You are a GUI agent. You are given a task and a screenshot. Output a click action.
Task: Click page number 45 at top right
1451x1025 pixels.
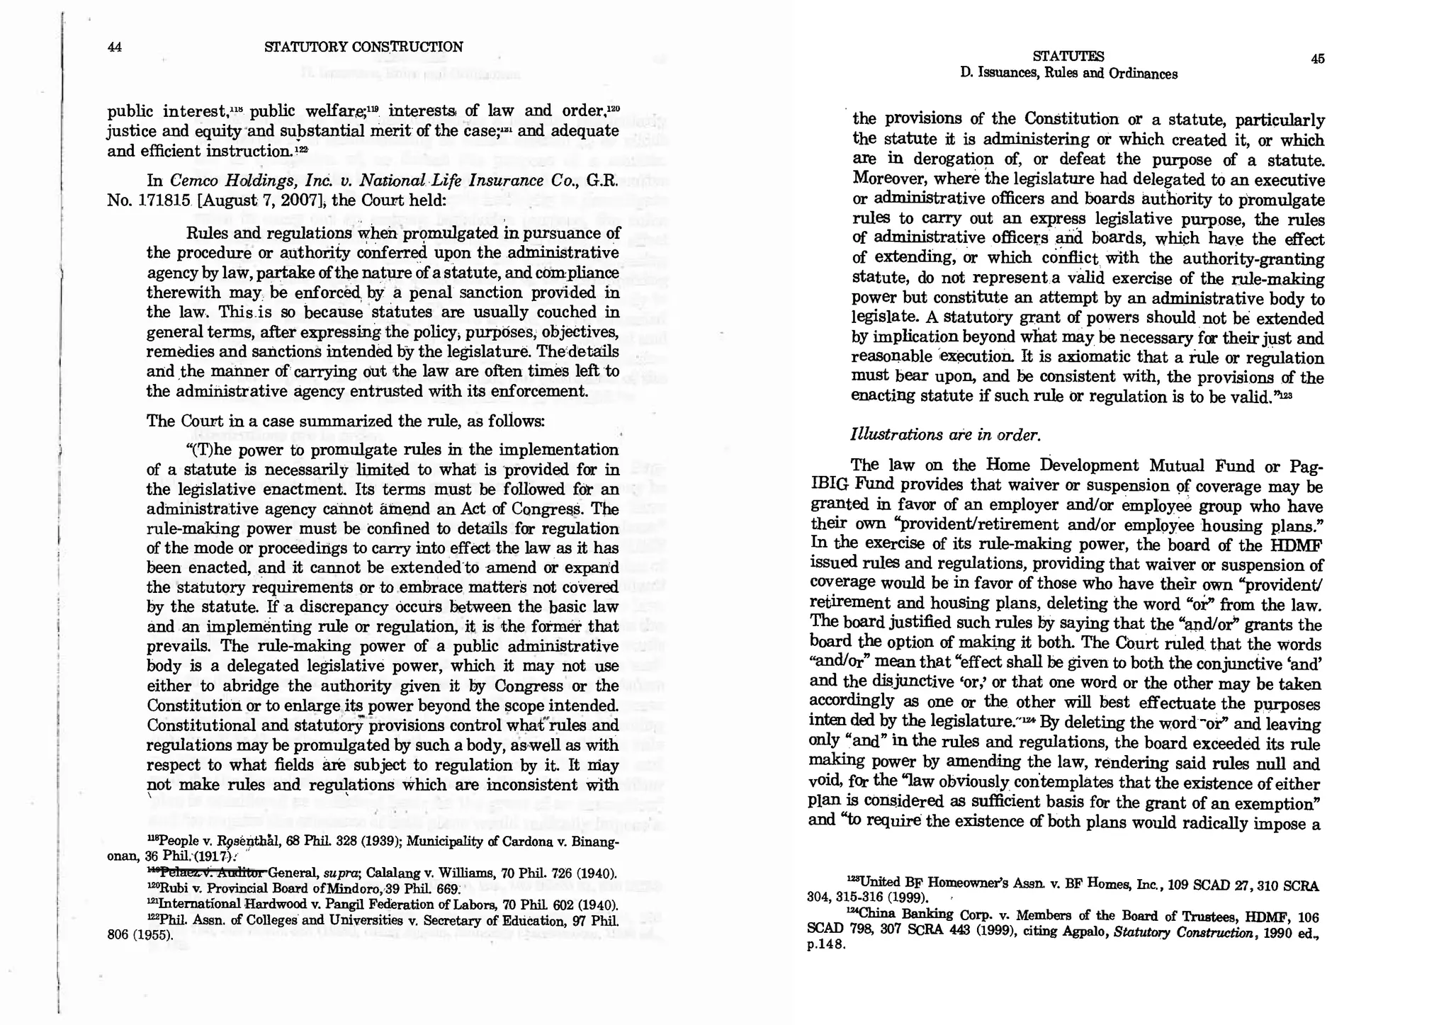[x=1317, y=60]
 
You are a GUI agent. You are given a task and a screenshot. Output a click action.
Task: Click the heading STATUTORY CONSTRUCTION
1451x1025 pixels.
[x=363, y=47]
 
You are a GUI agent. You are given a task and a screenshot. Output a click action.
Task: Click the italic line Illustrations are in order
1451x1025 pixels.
[x=945, y=435]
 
